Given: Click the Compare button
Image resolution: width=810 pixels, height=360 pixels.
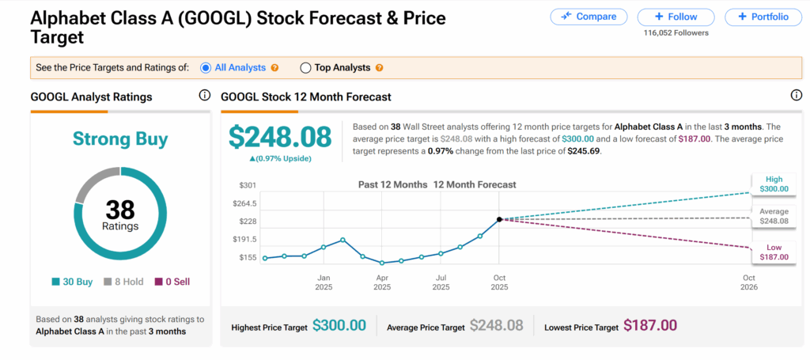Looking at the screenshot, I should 588,17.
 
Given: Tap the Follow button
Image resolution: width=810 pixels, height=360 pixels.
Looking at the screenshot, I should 676,17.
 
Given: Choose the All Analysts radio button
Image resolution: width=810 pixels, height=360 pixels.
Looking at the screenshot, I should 206,68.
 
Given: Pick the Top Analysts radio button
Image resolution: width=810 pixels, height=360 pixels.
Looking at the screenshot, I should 305,68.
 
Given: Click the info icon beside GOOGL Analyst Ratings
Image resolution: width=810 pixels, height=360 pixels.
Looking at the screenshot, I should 204,96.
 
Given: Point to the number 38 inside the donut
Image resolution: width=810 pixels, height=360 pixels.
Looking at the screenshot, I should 120,210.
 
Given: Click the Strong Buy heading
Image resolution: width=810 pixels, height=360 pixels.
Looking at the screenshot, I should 120,139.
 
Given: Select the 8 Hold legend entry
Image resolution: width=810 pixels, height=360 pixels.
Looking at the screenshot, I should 125,282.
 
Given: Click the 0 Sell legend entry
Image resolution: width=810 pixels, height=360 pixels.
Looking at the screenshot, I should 172,282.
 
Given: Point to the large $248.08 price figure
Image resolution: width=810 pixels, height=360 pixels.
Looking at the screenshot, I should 280,137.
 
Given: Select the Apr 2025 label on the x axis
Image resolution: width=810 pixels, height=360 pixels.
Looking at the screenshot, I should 381,282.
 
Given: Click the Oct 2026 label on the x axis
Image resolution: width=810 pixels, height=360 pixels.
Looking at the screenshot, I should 749,282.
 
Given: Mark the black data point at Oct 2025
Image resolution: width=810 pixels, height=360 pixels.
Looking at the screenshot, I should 499,219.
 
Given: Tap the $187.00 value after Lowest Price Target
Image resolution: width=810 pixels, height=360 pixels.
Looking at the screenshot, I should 650,325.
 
